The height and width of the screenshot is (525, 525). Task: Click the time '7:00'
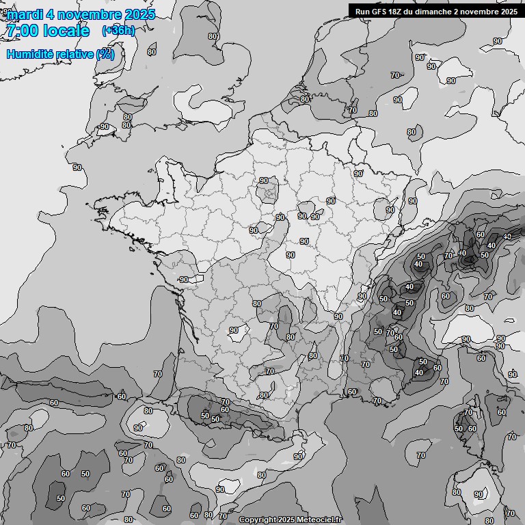(x=21, y=31)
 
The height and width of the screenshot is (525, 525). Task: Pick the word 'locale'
(x=66, y=31)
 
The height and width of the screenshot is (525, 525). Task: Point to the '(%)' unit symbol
(x=105, y=54)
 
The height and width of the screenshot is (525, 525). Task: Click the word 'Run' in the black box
(x=362, y=11)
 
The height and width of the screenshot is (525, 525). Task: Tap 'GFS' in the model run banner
(x=379, y=11)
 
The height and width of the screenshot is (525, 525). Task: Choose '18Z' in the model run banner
(x=398, y=11)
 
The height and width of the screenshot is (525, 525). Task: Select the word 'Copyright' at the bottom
(x=257, y=520)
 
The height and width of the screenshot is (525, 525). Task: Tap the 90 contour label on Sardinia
(x=479, y=494)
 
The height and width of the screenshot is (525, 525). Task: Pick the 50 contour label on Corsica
(x=458, y=429)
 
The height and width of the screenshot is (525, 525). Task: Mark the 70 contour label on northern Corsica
(x=468, y=412)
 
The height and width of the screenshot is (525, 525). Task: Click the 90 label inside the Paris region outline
(x=264, y=180)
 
